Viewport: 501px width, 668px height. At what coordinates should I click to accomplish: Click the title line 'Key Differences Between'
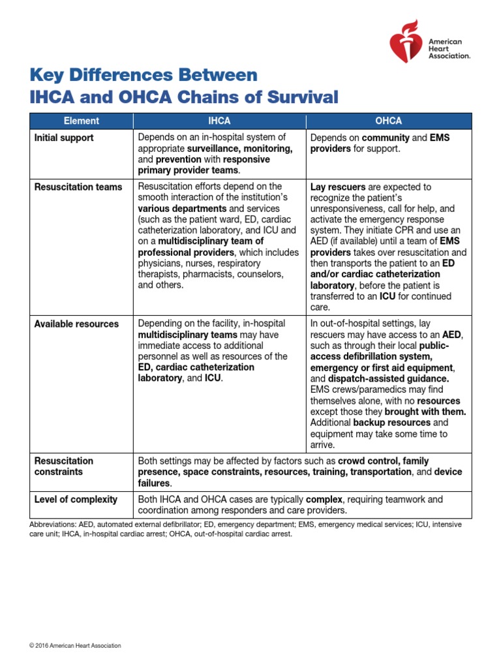click(144, 74)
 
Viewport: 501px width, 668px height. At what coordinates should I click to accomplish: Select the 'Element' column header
click(81, 121)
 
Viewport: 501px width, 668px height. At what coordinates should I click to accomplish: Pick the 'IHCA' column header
click(219, 121)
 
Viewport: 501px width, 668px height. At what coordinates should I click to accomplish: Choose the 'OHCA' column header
click(389, 121)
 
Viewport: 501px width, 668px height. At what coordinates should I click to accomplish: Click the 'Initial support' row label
click(64, 138)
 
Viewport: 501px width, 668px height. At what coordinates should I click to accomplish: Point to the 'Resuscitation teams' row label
click(78, 187)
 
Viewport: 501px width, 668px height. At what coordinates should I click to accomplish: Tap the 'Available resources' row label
click(76, 324)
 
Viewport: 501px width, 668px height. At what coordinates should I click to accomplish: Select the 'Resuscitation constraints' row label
click(64, 466)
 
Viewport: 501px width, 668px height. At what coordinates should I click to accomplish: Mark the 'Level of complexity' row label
click(76, 499)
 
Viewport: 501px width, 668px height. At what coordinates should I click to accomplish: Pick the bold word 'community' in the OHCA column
click(385, 138)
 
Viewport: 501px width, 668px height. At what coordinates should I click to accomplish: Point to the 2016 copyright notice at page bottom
click(75, 646)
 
